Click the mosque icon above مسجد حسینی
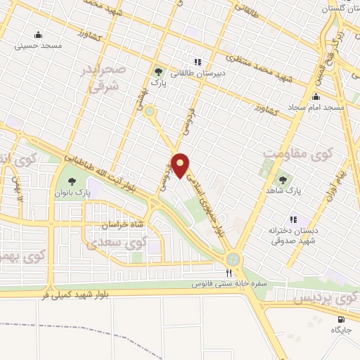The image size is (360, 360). pyautogui.click(x=37, y=34)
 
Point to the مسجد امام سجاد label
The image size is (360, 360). pyautogui.click(x=316, y=108)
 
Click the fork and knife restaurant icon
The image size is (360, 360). pyautogui.click(x=229, y=274)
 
